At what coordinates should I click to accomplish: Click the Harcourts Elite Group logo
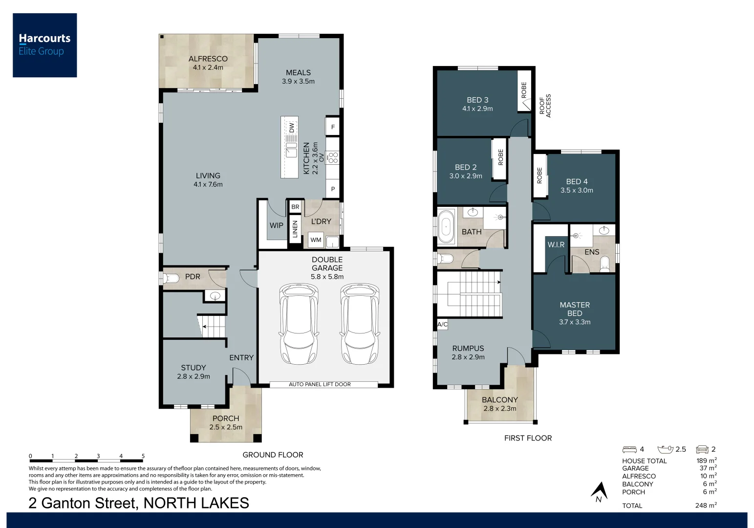44,45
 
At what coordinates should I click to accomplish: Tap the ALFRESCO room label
208,59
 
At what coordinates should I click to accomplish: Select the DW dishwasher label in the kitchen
292,128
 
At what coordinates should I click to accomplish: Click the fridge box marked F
333,127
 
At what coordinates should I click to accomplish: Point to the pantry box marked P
333,189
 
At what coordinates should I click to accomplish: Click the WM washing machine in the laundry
316,240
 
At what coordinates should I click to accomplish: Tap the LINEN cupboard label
295,229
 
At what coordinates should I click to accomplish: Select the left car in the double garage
299,324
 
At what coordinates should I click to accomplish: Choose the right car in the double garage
360,324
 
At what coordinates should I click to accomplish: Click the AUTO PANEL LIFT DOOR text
320,384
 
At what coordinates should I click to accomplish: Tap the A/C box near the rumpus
442,324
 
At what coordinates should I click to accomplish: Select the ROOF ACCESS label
545,105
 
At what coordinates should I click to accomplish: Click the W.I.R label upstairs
556,244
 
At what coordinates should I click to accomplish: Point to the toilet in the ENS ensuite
604,264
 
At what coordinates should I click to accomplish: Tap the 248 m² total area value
706,506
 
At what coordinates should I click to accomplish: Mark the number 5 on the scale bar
143,456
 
